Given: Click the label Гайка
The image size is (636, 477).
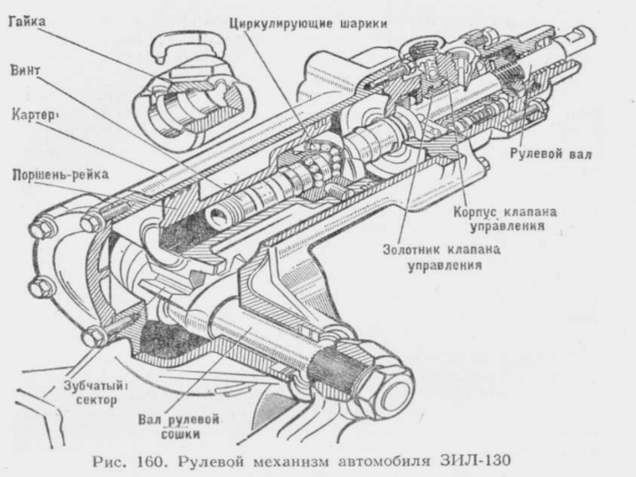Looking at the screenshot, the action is point(27,21).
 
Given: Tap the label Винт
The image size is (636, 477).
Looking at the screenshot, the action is point(25,70).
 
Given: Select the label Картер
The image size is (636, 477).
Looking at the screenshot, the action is point(33,115).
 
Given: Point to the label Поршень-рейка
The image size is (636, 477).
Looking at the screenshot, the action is point(60,175).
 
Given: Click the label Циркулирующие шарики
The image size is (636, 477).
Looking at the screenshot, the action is point(308,24).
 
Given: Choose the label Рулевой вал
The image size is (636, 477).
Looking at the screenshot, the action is point(551,154).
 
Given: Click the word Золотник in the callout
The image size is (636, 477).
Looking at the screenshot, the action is point(411,250).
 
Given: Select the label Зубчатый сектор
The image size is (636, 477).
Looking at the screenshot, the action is point(95,393).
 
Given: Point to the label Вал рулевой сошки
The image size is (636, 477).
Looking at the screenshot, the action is point(179,426).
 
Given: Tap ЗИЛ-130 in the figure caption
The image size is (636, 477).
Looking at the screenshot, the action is point(475,461).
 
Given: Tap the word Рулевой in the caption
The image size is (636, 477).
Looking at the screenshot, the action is point(211,462).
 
